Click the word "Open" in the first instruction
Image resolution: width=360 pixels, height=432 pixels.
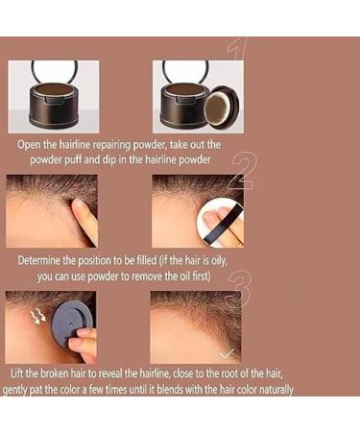pyautogui.click(x=33, y=143)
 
